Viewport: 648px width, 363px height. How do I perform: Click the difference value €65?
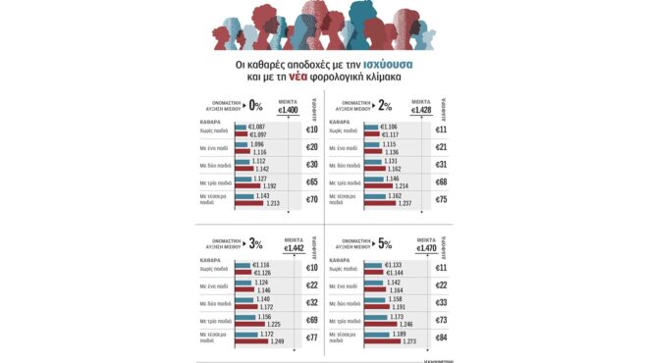point(310,182)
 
